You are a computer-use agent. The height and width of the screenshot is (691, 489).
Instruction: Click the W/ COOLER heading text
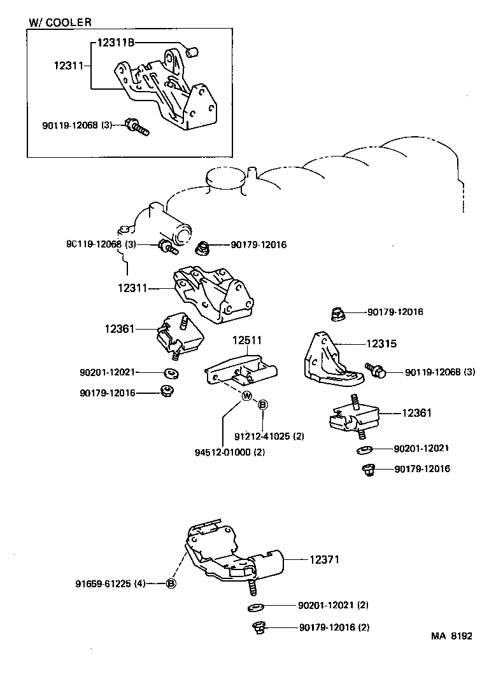coord(60,22)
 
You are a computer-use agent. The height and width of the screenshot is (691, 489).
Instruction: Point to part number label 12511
coord(246,341)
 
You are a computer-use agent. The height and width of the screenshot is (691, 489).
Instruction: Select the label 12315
coord(381,344)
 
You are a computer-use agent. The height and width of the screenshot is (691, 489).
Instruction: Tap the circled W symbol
coord(247,397)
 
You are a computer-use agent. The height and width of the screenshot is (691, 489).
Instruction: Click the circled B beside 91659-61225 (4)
coord(171,583)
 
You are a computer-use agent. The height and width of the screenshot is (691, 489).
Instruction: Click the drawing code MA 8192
coord(451,636)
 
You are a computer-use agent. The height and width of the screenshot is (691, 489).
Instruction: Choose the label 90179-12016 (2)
coord(334,628)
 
